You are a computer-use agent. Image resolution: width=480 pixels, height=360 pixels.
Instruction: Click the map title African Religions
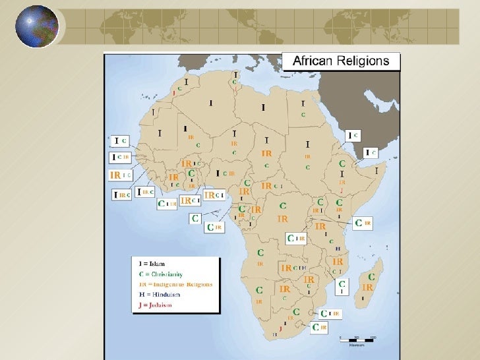(x=341, y=62)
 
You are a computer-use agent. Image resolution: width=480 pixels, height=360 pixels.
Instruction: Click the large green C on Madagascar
(x=371, y=278)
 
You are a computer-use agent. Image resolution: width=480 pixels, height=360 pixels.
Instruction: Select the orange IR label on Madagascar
(x=368, y=287)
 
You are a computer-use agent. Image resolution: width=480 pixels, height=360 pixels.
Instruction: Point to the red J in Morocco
(x=173, y=94)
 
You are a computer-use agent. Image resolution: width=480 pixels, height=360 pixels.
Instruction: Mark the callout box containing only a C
(x=195, y=218)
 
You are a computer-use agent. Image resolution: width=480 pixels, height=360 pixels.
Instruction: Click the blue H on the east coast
(x=338, y=249)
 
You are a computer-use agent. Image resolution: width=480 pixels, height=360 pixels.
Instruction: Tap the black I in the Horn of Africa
(x=378, y=170)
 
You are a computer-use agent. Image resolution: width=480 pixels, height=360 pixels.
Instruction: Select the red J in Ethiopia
(x=342, y=190)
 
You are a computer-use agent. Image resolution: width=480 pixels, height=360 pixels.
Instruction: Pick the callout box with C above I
(x=341, y=287)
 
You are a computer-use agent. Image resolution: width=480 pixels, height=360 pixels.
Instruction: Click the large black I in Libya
(x=263, y=107)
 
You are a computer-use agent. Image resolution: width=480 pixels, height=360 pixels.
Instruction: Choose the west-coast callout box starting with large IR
(x=120, y=175)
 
